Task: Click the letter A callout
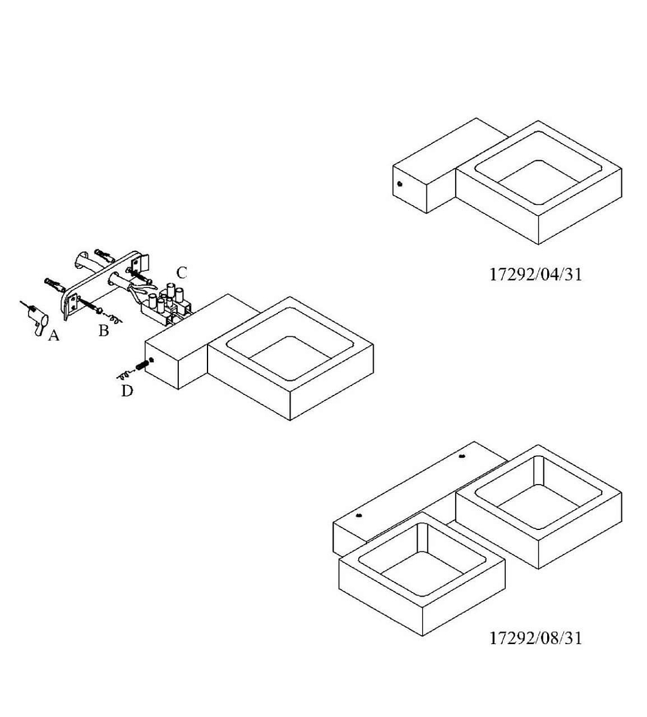[54, 336]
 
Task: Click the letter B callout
[103, 330]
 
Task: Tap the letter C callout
[181, 273]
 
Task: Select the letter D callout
[127, 391]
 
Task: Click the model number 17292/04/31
[535, 274]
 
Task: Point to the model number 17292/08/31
[535, 638]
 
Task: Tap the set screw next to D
[142, 366]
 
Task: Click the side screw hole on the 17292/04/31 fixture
[399, 185]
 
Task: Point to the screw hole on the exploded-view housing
[152, 360]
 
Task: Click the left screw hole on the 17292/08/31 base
[359, 515]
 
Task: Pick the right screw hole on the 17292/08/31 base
[461, 457]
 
